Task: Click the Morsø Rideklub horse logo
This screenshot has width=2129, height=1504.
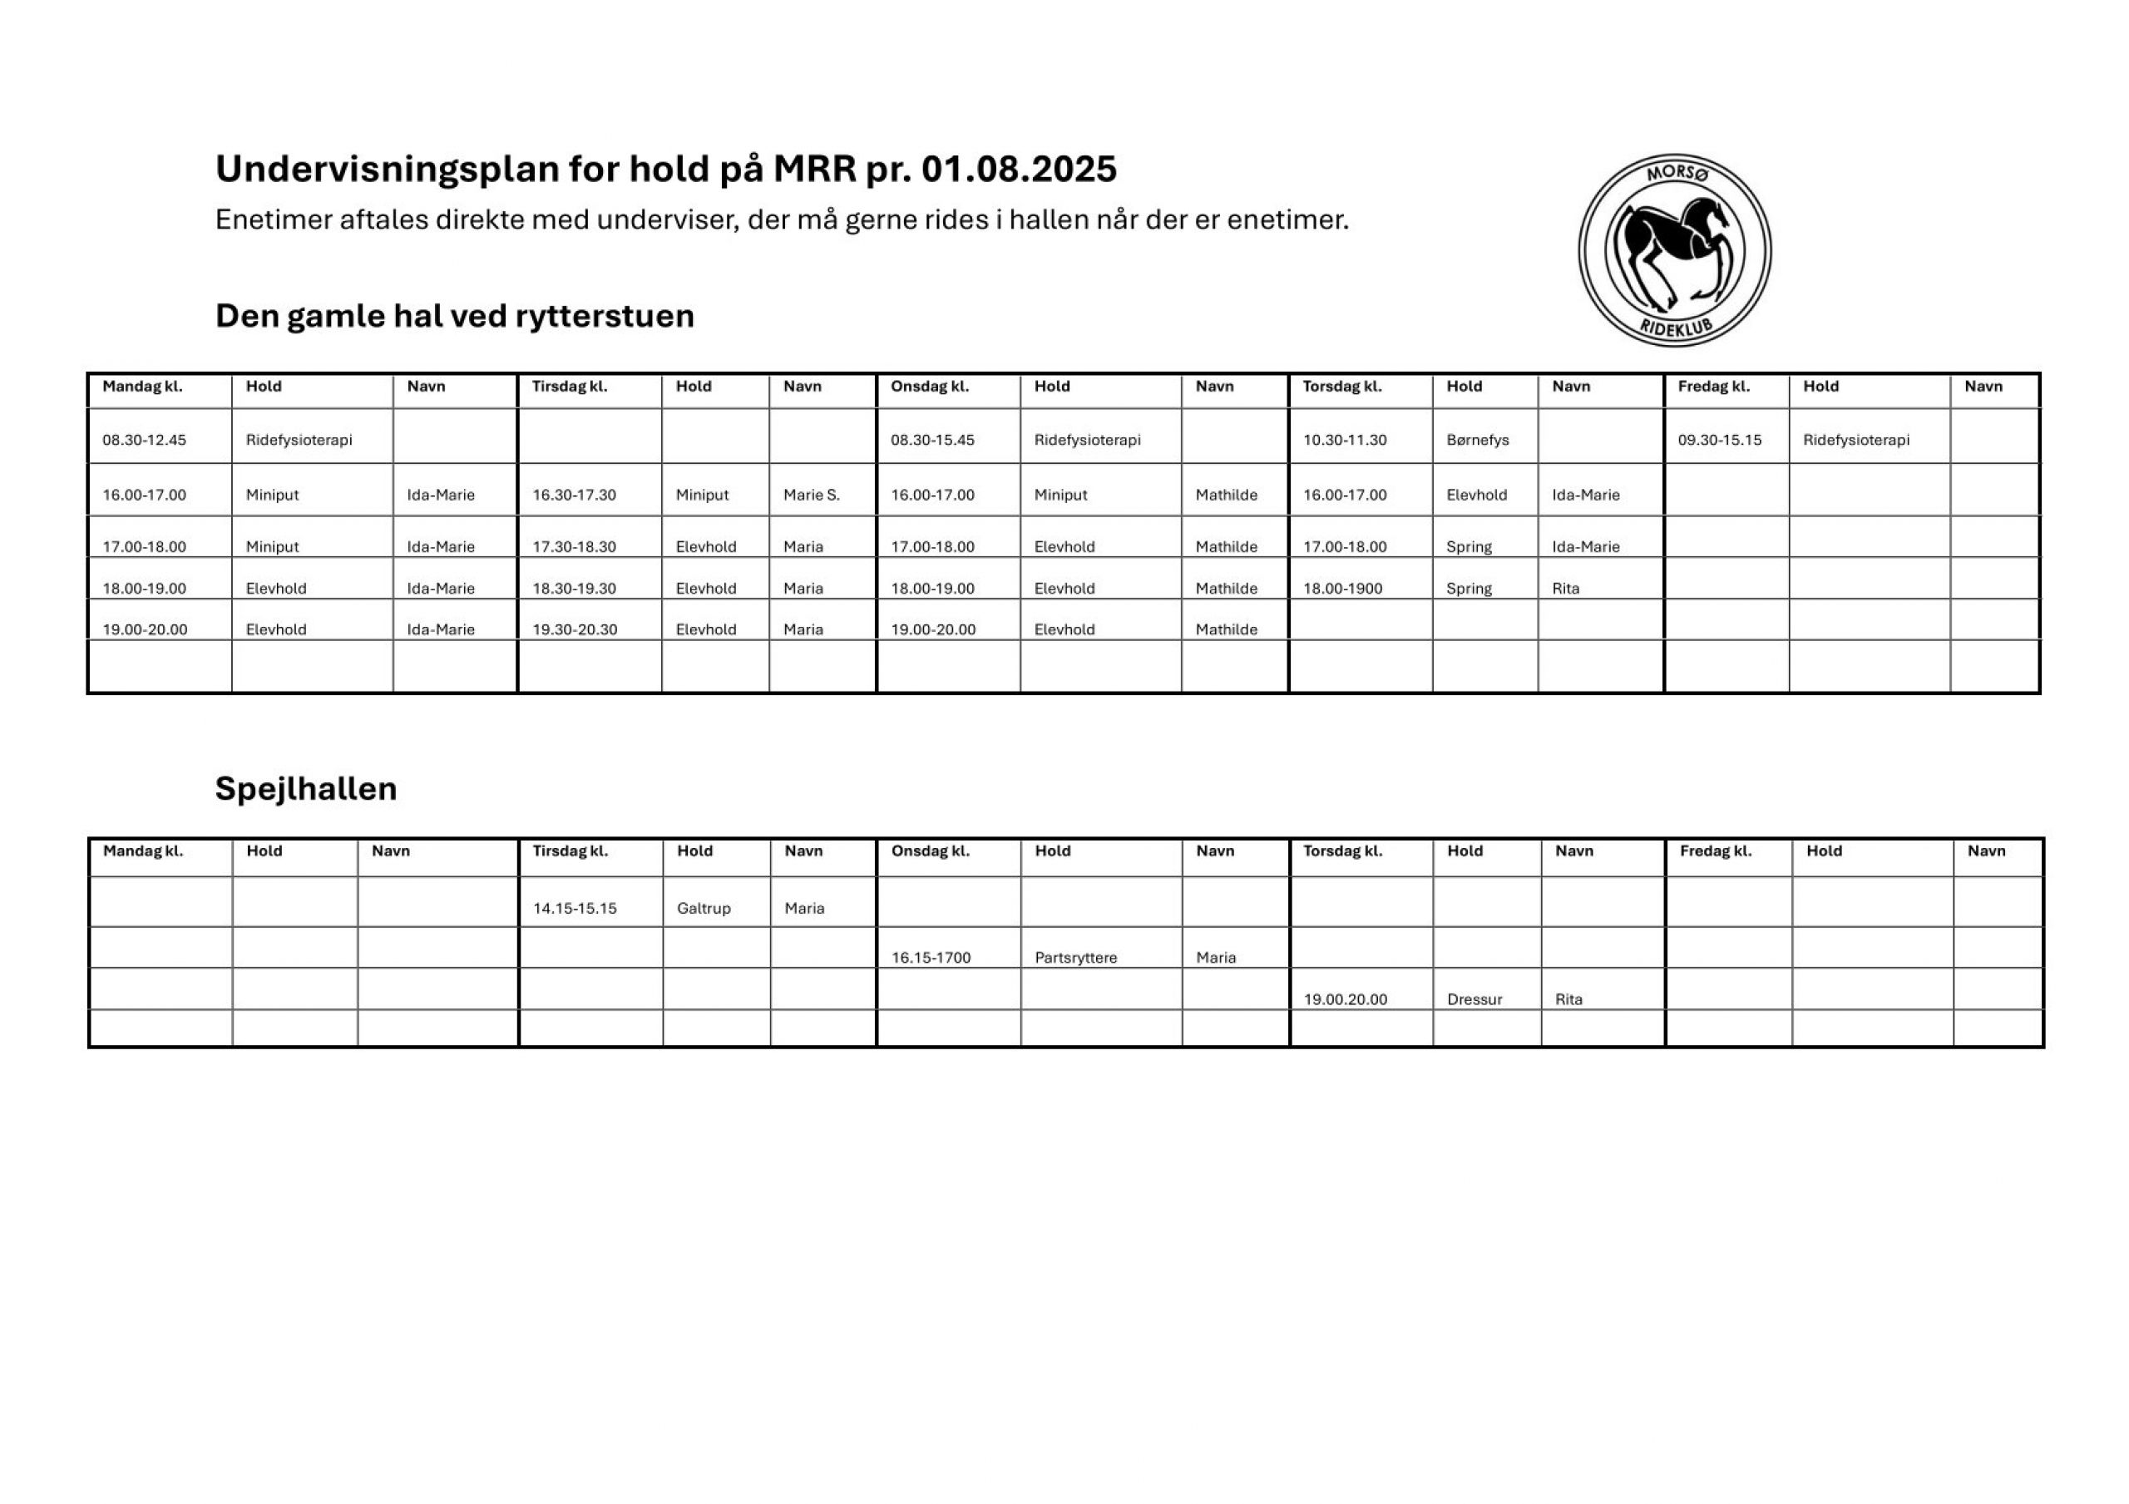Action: (x=1674, y=250)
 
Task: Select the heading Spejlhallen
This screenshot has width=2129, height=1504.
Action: (x=306, y=788)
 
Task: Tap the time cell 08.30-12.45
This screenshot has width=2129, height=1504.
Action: (x=144, y=440)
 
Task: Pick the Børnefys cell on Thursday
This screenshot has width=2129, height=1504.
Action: (x=1477, y=440)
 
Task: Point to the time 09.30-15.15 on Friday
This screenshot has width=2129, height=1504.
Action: (x=1719, y=440)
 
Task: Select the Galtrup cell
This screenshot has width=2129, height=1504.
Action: (x=704, y=908)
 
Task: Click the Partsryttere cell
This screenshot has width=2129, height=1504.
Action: (x=1075, y=957)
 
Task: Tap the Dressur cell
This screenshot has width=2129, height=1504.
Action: (x=1474, y=999)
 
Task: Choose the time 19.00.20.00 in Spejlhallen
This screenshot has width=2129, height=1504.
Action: (x=1346, y=999)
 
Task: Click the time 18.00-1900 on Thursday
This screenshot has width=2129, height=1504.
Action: (x=1342, y=588)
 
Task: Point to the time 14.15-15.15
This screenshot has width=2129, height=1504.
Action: (x=574, y=908)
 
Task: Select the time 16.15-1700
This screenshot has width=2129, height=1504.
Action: (x=931, y=957)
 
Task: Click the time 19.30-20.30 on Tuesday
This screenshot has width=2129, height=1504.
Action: (x=574, y=629)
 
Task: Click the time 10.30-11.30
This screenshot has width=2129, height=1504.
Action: (x=1345, y=440)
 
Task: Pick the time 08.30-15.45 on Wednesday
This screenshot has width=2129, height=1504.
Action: (x=932, y=440)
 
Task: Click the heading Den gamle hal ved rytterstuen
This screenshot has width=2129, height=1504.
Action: (x=454, y=316)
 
